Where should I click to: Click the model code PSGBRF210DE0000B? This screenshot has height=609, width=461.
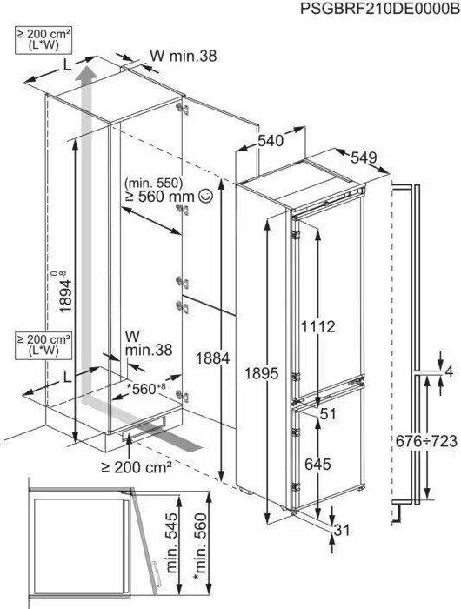tap(380, 9)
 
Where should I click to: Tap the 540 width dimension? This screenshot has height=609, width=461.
tap(271, 140)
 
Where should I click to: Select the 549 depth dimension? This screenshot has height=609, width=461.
tap(364, 157)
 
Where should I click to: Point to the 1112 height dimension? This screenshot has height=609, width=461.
tap(317, 326)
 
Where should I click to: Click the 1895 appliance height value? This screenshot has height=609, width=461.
tap(261, 373)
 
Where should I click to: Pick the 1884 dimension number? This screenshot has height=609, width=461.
tap(212, 358)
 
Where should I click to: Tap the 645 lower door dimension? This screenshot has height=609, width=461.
tap(317, 464)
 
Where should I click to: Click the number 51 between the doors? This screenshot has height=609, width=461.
tap(328, 414)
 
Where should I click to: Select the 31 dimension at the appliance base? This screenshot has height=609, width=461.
tap(342, 530)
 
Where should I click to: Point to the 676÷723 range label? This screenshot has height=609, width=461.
tap(426, 441)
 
